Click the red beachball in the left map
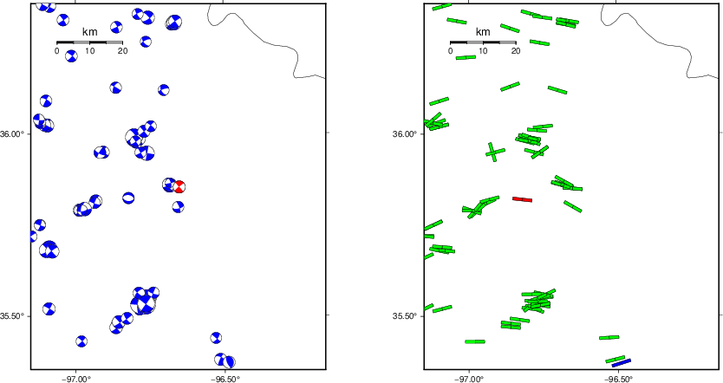pyautogui.click(x=179, y=186)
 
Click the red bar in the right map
pyautogui.click(x=523, y=199)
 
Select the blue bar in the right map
pyautogui.click(x=621, y=363)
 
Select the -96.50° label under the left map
pyautogui.click(x=225, y=379)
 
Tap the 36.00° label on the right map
pyautogui.click(x=403, y=134)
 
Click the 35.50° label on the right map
pyautogui.click(x=403, y=316)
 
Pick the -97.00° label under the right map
pyautogui.click(x=469, y=379)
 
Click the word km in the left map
pyautogui.click(x=89, y=32)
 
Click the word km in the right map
pyautogui.click(x=483, y=32)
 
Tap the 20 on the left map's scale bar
pyautogui.click(x=122, y=51)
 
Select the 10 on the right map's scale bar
pyautogui.click(x=483, y=51)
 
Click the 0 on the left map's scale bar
pyautogui.click(x=56, y=51)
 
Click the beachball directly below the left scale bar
pyautogui.click(x=71, y=56)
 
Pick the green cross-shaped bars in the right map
pyautogui.click(x=495, y=152)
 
